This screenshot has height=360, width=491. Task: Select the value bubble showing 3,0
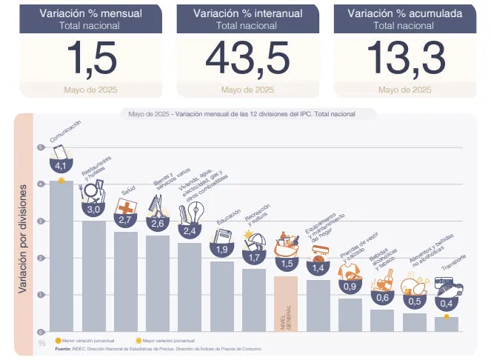tap(94, 210)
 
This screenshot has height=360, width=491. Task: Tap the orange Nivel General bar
tap(286, 304)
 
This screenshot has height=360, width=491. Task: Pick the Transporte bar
tap(446, 324)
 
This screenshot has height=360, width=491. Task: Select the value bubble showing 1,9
tap(221, 250)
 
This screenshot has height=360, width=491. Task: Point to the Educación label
tap(228, 221)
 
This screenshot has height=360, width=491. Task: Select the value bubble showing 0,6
tap(382, 297)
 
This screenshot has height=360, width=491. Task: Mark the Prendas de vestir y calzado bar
tap(350, 315)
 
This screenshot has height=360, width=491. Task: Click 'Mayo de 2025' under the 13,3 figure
tap(404, 90)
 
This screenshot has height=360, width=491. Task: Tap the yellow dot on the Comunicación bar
tap(61, 180)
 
